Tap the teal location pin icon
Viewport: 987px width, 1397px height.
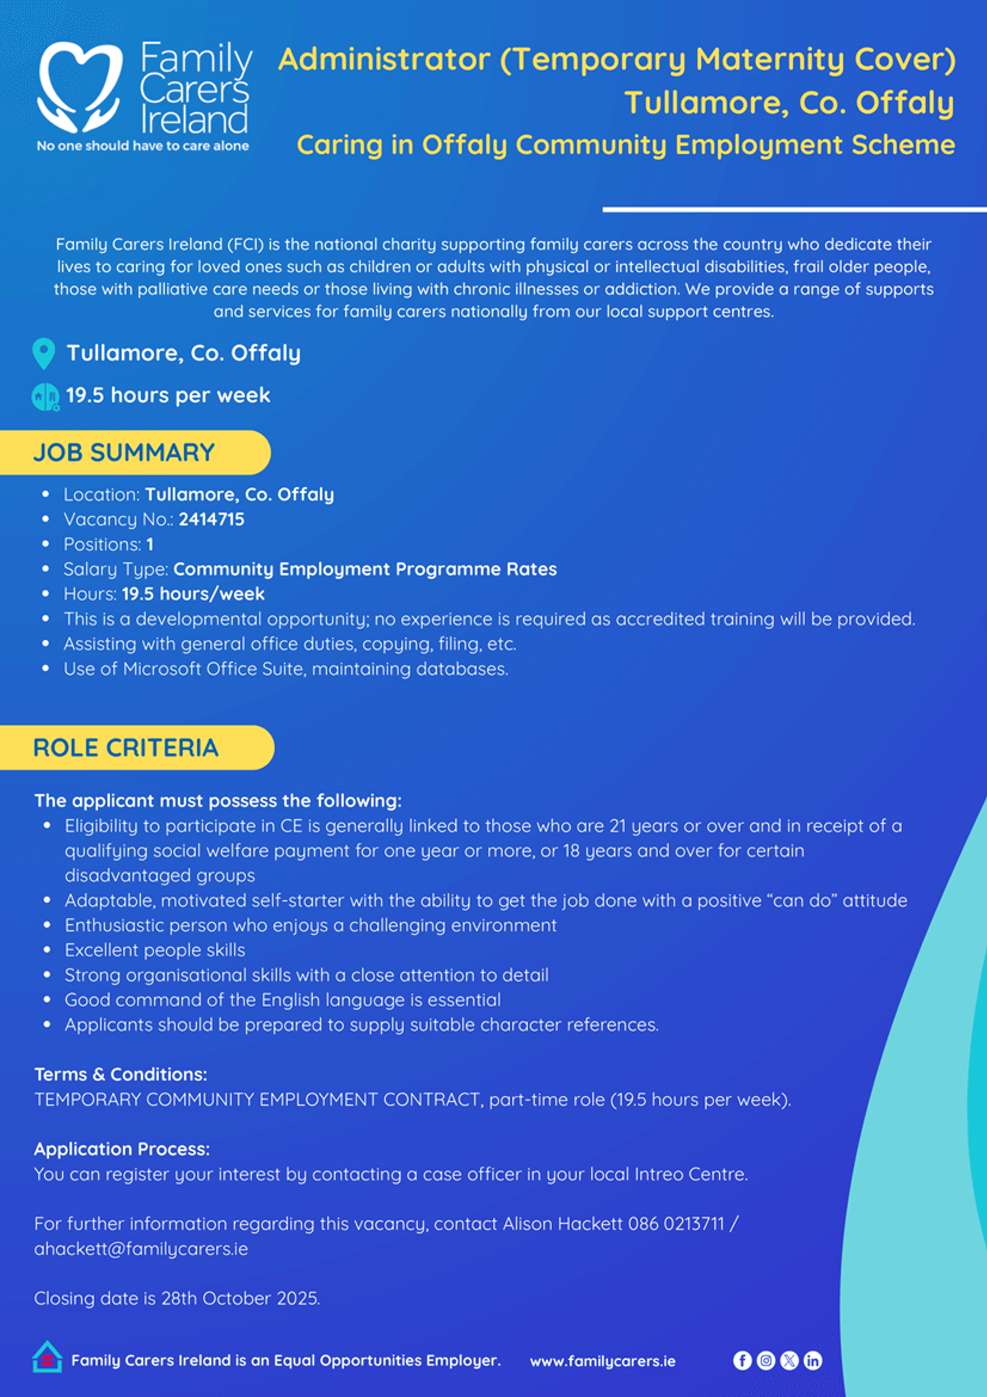pos(43,353)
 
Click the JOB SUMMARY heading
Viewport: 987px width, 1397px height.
pos(124,452)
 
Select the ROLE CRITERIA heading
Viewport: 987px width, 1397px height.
pos(126,747)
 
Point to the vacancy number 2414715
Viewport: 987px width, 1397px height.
pos(212,519)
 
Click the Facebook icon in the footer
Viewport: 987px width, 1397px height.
pos(742,1361)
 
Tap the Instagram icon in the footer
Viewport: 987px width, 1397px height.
pos(766,1361)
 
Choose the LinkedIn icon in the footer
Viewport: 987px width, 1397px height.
pos(812,1361)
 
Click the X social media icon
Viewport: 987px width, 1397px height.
pos(789,1361)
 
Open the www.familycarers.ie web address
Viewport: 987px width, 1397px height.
pos(603,1361)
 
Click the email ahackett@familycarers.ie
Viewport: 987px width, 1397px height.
pos(141,1248)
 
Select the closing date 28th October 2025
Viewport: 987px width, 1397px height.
pos(240,1298)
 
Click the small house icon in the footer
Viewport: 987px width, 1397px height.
pos(47,1357)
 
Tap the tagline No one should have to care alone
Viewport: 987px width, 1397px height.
pos(142,146)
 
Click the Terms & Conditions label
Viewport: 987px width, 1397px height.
pos(121,1074)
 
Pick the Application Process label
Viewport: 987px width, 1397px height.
pos(122,1149)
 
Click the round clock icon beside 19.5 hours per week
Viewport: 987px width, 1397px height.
pos(45,396)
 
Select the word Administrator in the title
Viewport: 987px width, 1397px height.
pos(384,60)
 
